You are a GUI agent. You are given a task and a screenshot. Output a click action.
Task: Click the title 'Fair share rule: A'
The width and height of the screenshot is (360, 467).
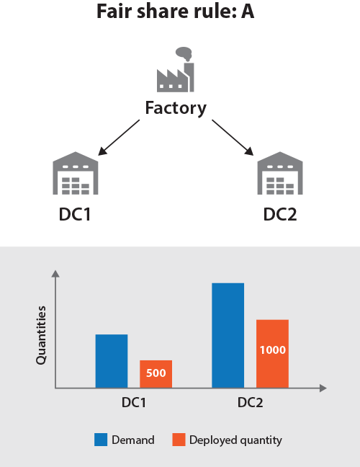[176, 12]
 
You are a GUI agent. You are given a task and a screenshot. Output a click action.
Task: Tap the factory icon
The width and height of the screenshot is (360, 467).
[176, 69]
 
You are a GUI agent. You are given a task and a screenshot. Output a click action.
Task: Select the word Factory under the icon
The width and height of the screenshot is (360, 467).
[176, 108]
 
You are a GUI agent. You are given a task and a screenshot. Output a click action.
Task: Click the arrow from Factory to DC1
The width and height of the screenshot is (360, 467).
[119, 138]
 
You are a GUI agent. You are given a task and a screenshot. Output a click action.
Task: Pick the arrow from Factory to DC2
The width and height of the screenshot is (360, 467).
[233, 138]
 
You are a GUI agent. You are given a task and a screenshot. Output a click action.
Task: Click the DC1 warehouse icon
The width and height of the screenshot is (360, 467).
[76, 173]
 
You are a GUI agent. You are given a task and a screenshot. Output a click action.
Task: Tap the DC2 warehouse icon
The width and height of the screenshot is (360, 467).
[280, 173]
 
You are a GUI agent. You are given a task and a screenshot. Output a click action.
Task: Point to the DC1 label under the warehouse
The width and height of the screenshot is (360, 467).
[75, 214]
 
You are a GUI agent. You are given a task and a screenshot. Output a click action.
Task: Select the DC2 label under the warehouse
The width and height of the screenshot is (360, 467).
[280, 214]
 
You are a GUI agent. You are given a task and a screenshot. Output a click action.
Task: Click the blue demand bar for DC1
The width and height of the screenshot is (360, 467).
[112, 361]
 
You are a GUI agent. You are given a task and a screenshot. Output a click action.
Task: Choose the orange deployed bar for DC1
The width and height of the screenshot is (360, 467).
[156, 374]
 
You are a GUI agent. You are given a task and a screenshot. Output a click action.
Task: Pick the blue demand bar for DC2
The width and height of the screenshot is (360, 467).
[228, 335]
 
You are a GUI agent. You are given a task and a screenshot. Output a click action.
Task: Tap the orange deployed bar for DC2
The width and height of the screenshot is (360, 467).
[273, 354]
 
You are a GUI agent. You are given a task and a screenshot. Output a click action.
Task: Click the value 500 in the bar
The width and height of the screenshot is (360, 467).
[156, 373]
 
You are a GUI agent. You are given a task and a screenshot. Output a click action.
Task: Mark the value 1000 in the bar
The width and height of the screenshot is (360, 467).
[273, 350]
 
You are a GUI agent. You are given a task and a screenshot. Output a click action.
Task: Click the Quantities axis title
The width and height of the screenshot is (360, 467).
[41, 335]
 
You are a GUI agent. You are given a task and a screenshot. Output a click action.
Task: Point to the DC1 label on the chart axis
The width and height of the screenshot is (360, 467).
[134, 403]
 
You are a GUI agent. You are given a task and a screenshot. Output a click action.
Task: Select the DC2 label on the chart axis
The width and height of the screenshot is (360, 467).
[251, 403]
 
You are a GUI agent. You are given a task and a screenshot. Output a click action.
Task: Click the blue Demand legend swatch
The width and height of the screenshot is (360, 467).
[101, 440]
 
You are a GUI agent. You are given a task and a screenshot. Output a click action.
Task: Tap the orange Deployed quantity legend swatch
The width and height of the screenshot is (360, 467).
[179, 440]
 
